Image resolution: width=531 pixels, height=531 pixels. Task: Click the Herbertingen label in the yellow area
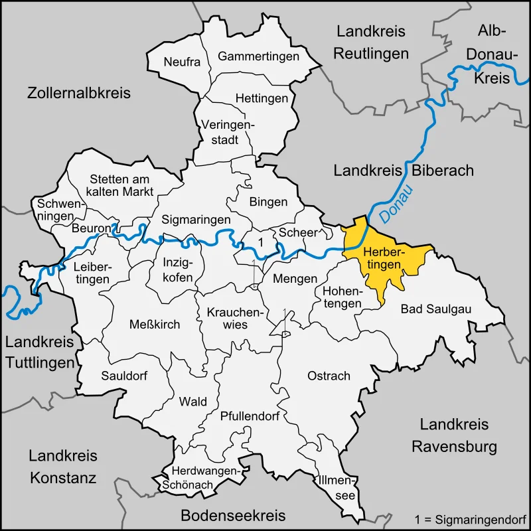tap(383, 258)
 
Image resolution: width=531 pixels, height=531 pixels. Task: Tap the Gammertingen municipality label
tap(258, 56)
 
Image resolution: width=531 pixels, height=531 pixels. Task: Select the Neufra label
tap(182, 62)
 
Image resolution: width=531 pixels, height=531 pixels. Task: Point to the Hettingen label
tap(262, 98)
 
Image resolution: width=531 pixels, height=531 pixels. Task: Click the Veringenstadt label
tap(228, 131)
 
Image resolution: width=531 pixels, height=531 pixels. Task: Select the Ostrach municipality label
tap(329, 376)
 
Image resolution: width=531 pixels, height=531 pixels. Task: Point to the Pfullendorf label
tap(250, 417)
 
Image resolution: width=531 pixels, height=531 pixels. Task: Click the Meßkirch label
tap(155, 323)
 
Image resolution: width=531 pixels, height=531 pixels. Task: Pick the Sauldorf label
tap(124, 375)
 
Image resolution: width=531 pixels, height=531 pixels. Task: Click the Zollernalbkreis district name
tap(79, 93)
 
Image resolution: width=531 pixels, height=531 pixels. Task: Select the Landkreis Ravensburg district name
tap(455, 435)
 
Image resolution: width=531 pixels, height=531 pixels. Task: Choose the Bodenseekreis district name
tap(233, 515)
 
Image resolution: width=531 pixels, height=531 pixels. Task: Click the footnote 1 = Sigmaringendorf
tap(469, 518)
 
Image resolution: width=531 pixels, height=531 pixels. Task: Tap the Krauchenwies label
tap(227, 318)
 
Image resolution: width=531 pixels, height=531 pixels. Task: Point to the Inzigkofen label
tap(178, 269)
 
